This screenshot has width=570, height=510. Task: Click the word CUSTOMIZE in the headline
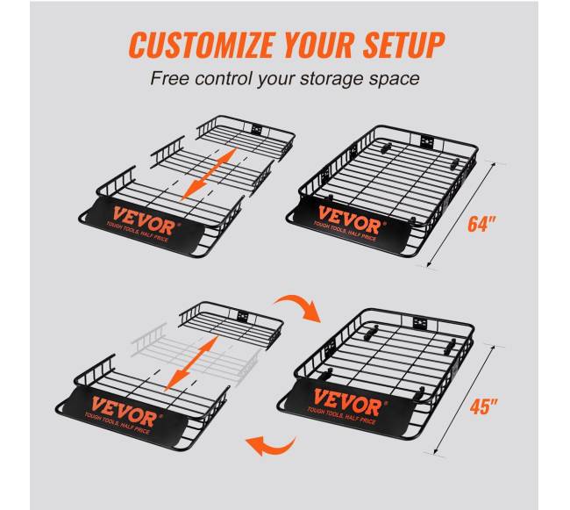[201, 45]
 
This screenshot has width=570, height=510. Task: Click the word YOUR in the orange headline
[318, 45]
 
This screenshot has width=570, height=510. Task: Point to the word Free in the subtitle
[169, 79]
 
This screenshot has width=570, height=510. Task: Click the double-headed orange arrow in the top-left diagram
[209, 174]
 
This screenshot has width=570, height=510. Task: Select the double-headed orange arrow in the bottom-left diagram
[191, 363]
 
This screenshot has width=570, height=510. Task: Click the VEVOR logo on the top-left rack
[145, 221]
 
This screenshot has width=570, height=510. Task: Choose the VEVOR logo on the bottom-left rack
[125, 411]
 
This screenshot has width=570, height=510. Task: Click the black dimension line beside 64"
[461, 215]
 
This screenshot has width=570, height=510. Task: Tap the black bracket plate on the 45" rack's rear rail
[420, 323]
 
